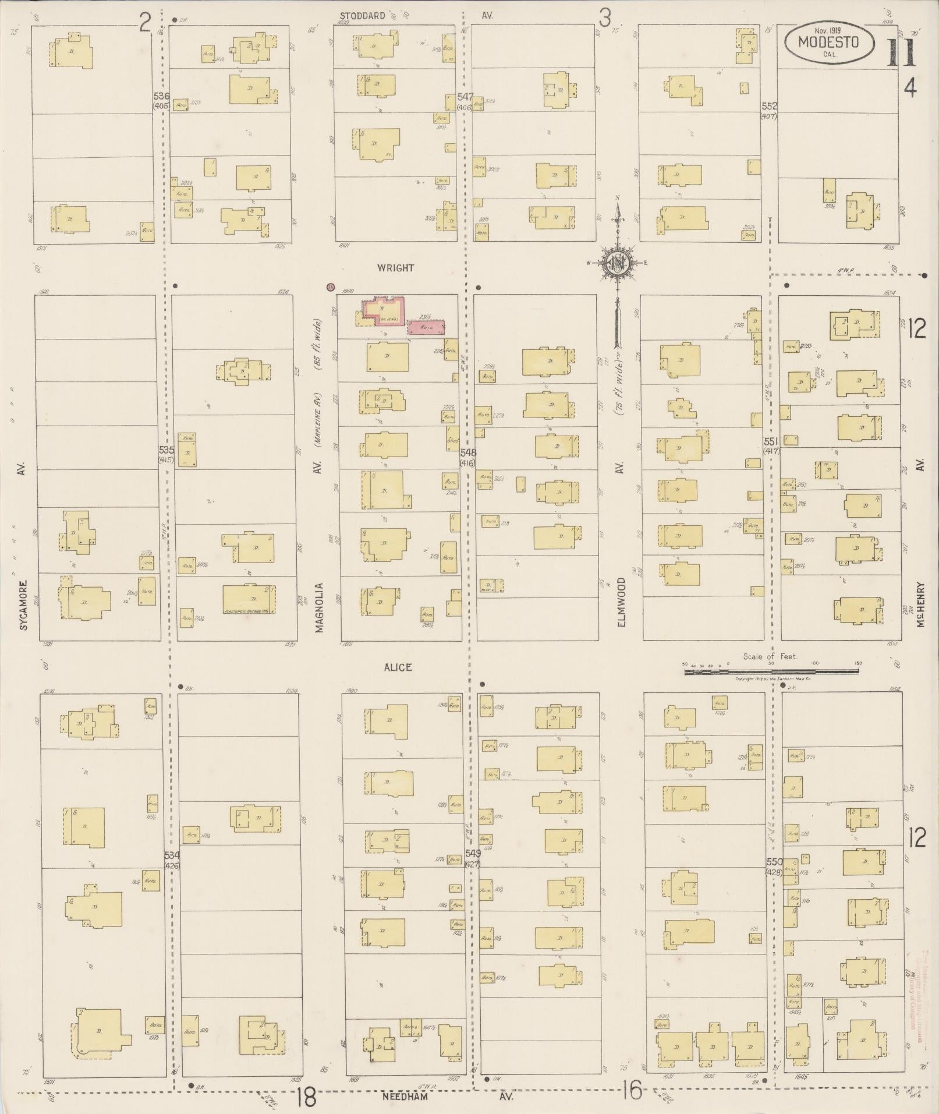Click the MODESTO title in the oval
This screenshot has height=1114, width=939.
coord(828,42)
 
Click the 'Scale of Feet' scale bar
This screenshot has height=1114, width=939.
coord(771,671)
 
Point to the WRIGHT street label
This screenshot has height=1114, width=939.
coord(395,268)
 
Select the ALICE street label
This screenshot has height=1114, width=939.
coord(398,667)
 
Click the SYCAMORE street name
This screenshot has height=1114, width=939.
coord(23,605)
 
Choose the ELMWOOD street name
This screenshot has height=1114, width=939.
coord(621,602)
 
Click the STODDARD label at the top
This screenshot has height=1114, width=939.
coord(363,16)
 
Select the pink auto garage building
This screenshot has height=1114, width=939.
coord(427,327)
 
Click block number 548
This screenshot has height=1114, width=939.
coord(467,452)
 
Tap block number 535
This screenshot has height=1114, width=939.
coord(166,450)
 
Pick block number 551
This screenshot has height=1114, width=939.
coord(771,441)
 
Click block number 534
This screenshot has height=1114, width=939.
coord(172,855)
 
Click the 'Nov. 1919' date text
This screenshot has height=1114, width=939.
coord(829,30)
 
